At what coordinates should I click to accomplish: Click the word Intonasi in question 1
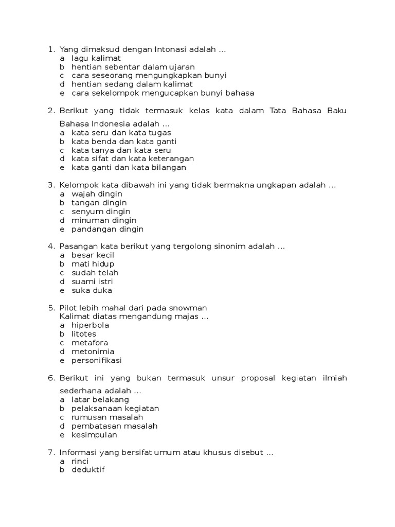click(169, 49)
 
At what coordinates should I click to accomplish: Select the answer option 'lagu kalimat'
click(96, 58)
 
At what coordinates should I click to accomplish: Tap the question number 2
click(50, 111)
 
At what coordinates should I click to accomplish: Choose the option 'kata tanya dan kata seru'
click(121, 150)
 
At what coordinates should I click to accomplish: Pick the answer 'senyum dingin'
click(101, 212)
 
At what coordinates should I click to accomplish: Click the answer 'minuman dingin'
click(104, 220)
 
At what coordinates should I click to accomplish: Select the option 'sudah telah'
click(95, 273)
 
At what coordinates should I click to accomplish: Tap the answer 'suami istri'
click(93, 282)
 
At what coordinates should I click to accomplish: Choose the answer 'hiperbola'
click(91, 325)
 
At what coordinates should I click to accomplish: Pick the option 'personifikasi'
click(97, 360)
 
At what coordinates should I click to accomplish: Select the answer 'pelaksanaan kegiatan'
click(115, 408)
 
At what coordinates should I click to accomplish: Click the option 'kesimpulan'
click(95, 434)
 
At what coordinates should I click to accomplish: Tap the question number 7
click(50, 452)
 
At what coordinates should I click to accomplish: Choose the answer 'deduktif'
click(88, 470)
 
